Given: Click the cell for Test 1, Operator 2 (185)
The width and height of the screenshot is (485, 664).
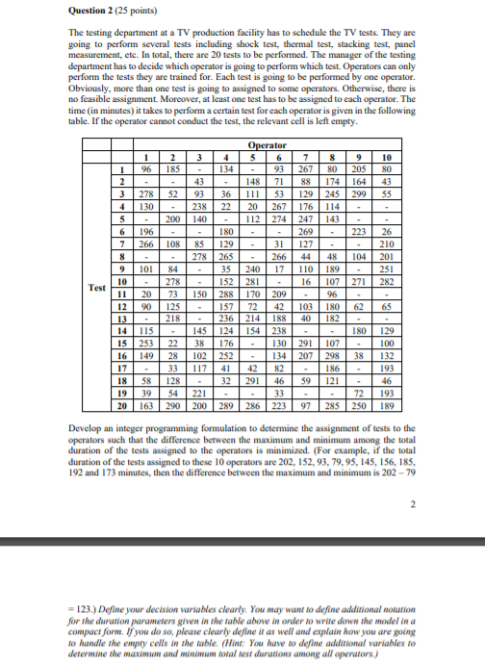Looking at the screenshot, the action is [174, 169].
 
